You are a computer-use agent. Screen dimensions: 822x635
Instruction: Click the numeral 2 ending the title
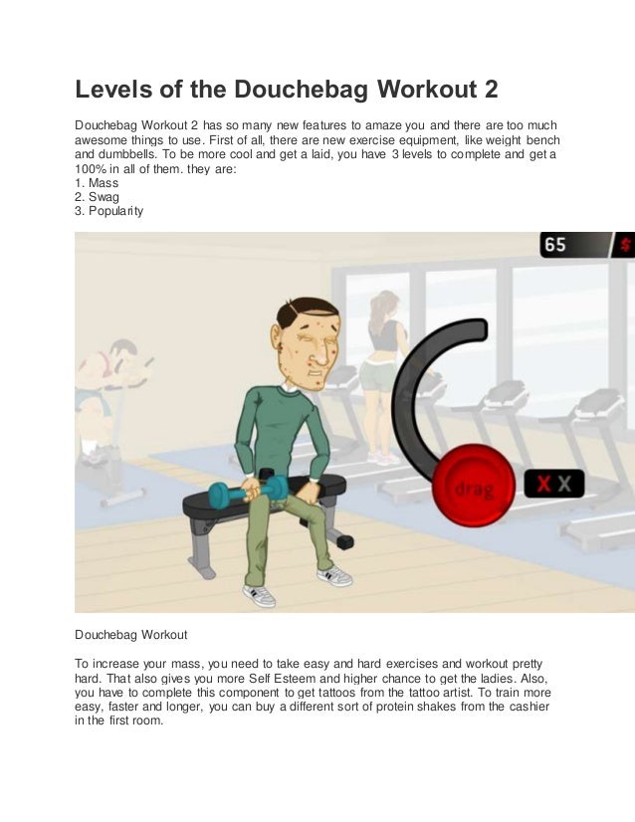coord(488,93)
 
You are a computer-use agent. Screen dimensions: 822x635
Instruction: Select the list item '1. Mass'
coord(97,183)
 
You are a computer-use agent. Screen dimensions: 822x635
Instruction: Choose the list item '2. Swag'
coord(98,197)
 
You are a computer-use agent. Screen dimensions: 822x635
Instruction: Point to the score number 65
coord(555,245)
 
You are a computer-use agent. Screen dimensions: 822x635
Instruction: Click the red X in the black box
coord(543,485)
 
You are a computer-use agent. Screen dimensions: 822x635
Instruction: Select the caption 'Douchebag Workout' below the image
coord(130,633)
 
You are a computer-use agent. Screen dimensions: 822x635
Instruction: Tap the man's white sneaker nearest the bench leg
coord(334,575)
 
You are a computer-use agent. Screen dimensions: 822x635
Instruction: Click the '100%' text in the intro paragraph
coord(91,169)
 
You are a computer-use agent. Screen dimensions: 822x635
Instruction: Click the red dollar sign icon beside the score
coord(626,245)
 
